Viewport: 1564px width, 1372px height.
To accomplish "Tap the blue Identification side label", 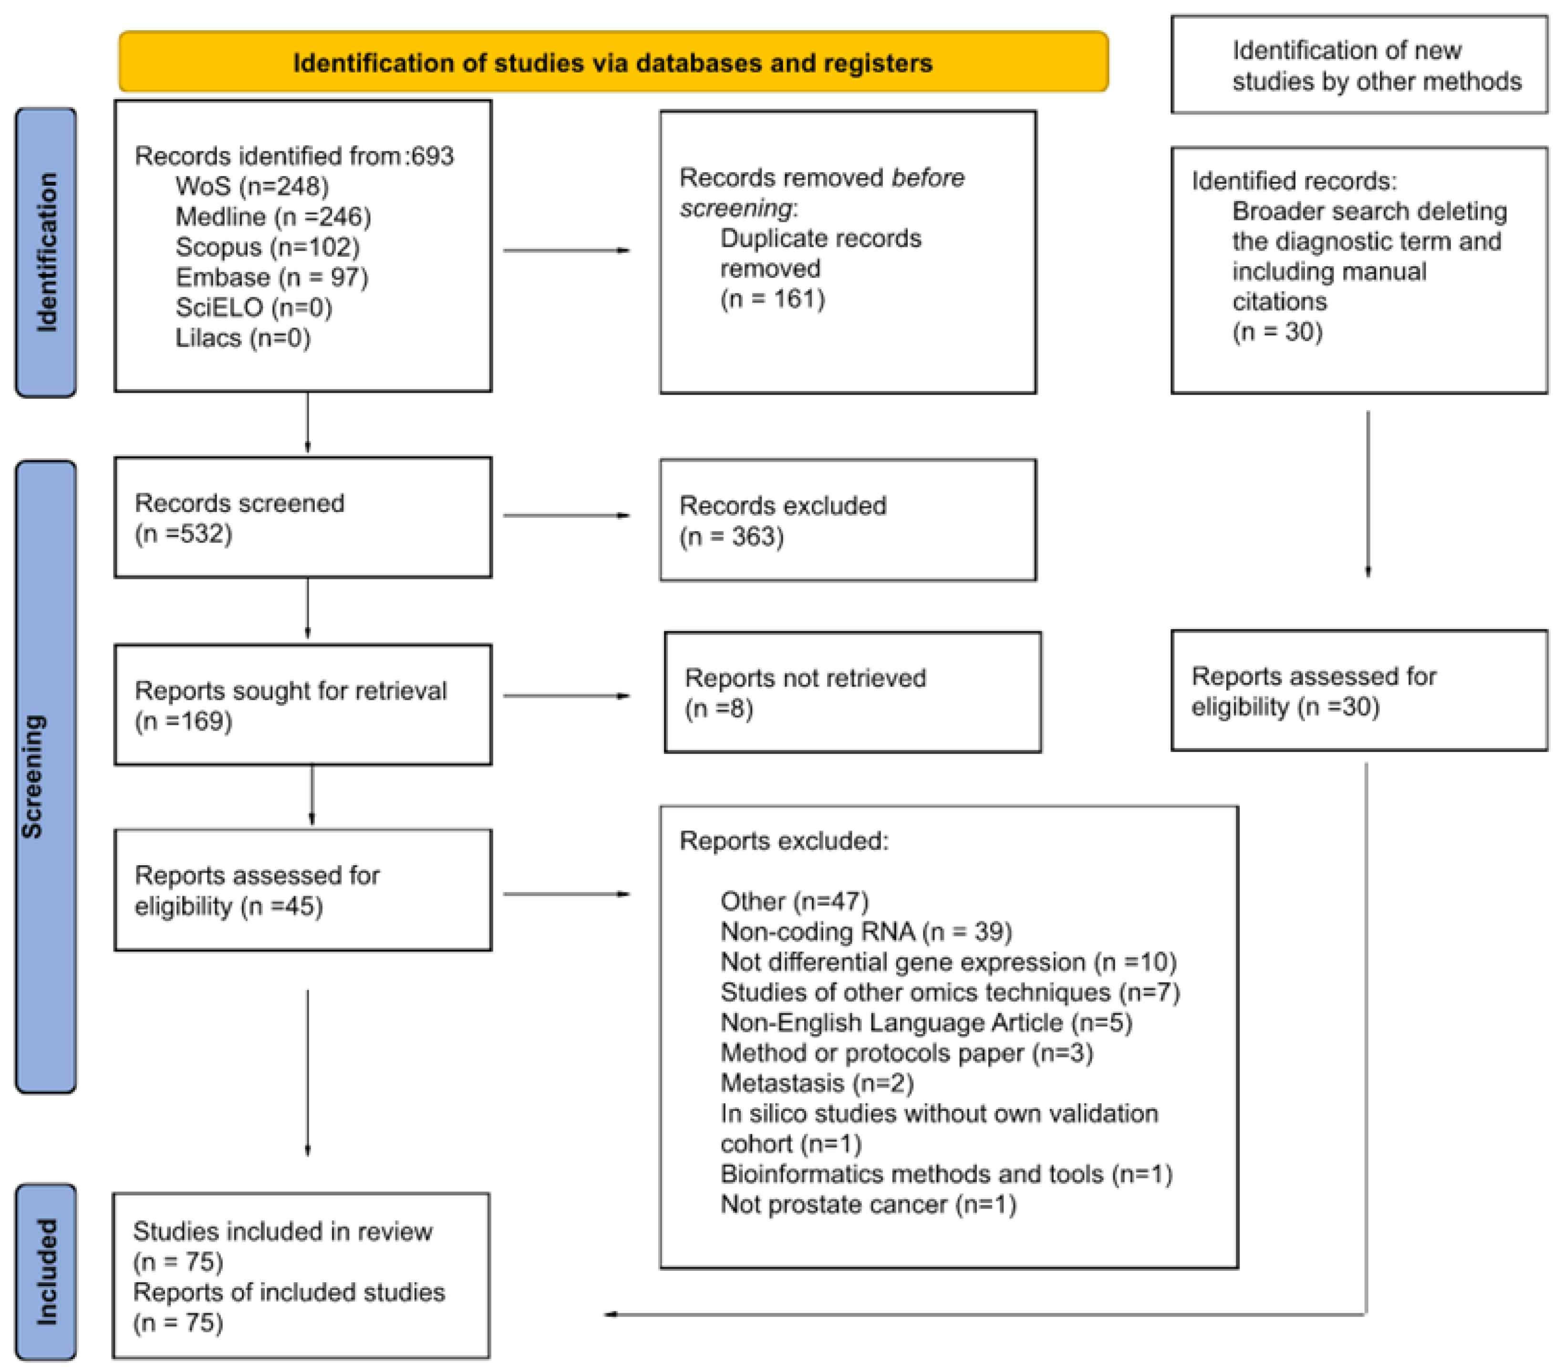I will pyautogui.click(x=46, y=252).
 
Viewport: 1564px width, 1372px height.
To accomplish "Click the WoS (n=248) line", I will pyautogui.click(x=252, y=186).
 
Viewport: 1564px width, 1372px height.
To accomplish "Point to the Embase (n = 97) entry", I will pyautogui.click(x=271, y=277).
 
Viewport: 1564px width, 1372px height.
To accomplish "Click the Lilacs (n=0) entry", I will pyautogui.click(x=243, y=338).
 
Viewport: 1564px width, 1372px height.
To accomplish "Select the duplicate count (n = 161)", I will pyautogui.click(x=772, y=299).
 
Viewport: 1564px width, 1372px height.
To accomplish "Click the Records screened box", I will pyautogui.click(x=303, y=518).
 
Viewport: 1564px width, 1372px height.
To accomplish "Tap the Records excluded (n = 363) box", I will pyautogui.click(x=848, y=521).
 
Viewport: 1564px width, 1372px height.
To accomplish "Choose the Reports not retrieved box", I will pyautogui.click(x=852, y=693).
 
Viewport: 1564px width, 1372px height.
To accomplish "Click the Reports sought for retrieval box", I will pyautogui.click(x=303, y=705).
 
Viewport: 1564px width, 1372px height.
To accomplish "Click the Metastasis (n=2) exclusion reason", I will pyautogui.click(x=817, y=1083).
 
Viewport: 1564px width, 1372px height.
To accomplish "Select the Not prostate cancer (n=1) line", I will pyautogui.click(x=868, y=1204).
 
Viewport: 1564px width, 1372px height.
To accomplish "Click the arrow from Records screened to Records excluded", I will pyautogui.click(x=566, y=515).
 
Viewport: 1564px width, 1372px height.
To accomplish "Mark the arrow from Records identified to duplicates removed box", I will pyautogui.click(x=566, y=251).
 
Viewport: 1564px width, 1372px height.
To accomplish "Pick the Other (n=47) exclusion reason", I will pyautogui.click(x=794, y=901).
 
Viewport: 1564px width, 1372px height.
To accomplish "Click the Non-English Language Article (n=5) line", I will pyautogui.click(x=926, y=1023).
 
